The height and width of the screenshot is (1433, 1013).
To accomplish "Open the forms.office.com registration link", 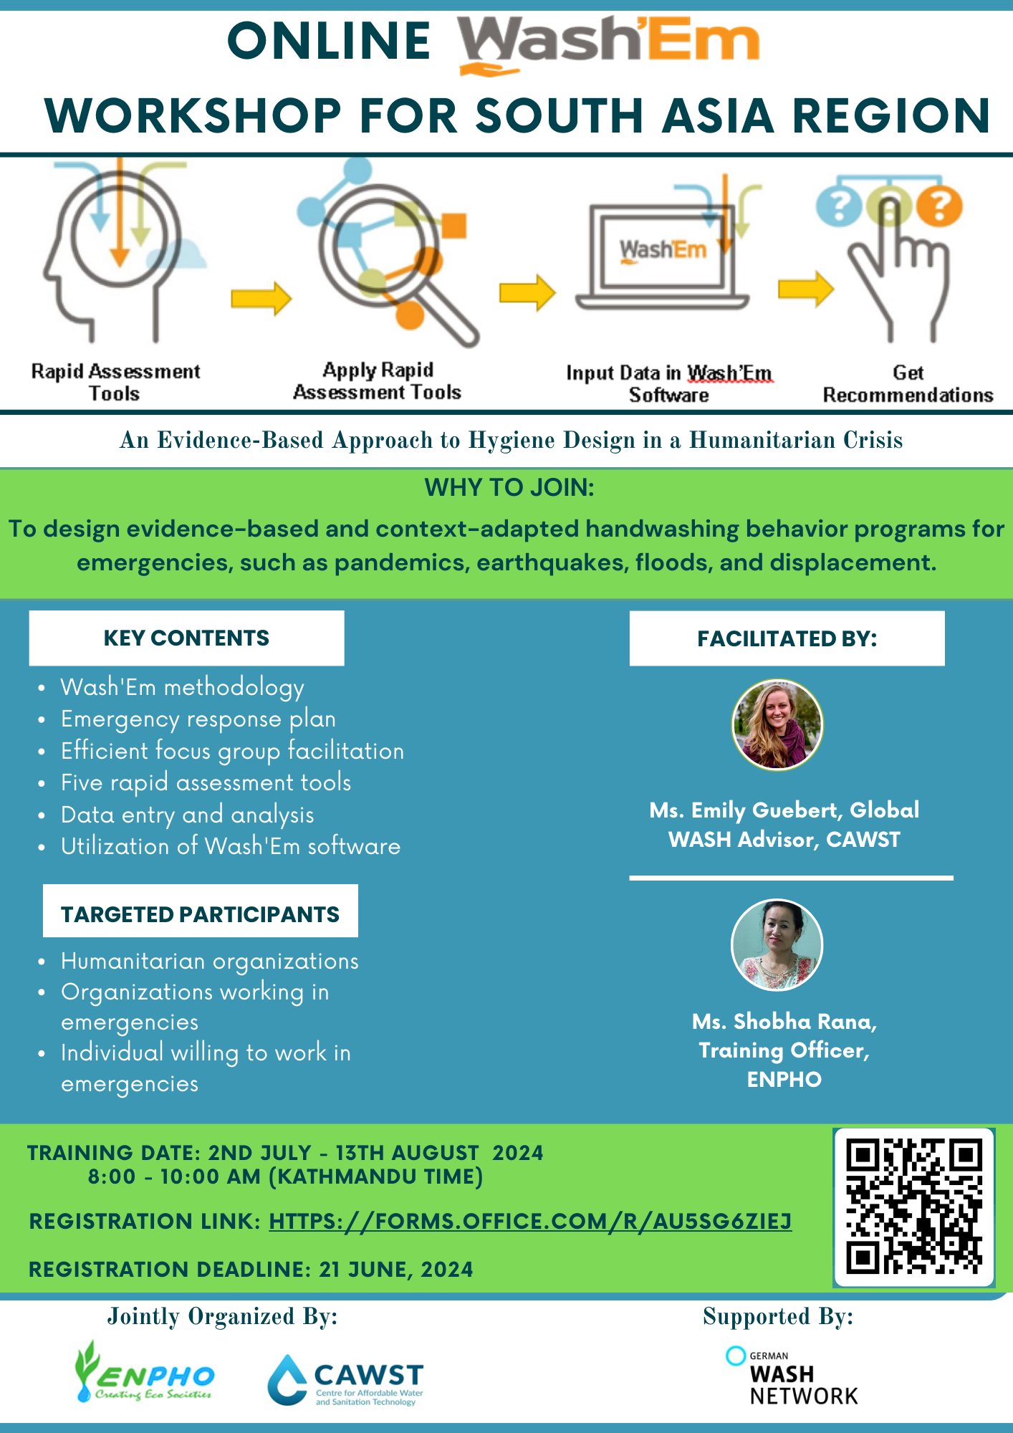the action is click(x=530, y=1221).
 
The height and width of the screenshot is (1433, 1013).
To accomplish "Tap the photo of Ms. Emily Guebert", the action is click(x=777, y=724).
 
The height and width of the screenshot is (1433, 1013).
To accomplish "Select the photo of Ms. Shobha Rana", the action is click(x=777, y=945).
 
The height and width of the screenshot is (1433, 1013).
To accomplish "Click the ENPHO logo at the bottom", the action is click(x=145, y=1372).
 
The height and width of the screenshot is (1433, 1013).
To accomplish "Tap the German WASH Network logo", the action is click(x=792, y=1376).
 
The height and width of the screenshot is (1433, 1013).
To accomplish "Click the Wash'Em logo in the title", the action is click(x=608, y=44).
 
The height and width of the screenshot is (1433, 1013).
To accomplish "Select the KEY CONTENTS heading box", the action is click(x=186, y=638).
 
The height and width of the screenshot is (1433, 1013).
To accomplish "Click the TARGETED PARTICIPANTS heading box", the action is click(x=201, y=911).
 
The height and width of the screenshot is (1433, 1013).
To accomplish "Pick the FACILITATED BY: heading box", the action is click(x=787, y=638).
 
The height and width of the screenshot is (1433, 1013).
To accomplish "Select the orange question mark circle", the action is click(x=939, y=206).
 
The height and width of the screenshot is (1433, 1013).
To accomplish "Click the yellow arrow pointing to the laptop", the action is click(x=527, y=292).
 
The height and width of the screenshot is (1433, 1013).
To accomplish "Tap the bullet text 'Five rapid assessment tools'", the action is click(x=206, y=782).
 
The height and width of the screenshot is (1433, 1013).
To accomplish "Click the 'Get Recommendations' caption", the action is click(x=908, y=384).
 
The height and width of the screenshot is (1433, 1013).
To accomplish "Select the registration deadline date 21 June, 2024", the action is click(x=396, y=1269).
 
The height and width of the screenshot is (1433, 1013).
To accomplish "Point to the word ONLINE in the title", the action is click(x=329, y=41).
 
